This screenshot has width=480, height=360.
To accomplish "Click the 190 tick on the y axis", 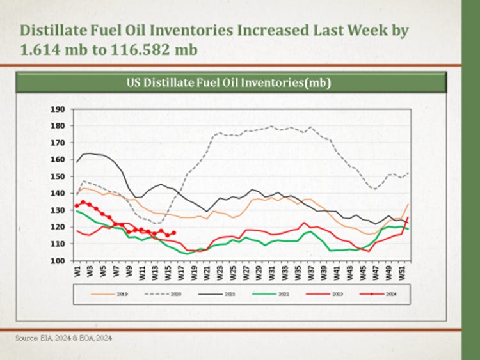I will pyautogui.click(x=58, y=109).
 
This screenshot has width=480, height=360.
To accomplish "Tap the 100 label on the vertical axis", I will pyautogui.click(x=58, y=261).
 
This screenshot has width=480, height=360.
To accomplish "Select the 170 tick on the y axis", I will pyautogui.click(x=58, y=143).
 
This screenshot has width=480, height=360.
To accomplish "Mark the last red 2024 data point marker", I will pyautogui.click(x=174, y=233).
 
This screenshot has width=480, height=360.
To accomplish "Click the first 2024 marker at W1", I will pyautogui.click(x=77, y=205).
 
